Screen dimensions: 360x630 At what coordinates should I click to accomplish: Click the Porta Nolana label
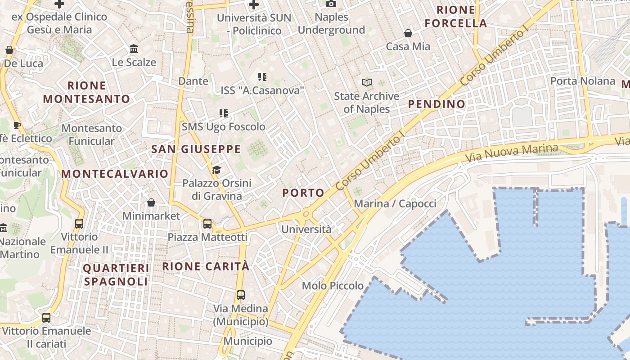coord(583,81)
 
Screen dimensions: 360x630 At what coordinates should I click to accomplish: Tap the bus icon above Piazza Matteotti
coord(207,223)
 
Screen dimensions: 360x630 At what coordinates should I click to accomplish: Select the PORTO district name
coord(303,193)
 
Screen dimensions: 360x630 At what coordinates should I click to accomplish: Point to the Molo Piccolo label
coord(333,286)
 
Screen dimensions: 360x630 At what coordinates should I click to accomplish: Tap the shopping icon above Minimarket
coord(151,203)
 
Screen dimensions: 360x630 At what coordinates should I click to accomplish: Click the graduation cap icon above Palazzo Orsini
coord(217,170)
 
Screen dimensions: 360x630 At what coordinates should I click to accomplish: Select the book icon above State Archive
coord(367,83)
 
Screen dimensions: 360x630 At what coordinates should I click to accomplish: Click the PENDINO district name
coord(436,104)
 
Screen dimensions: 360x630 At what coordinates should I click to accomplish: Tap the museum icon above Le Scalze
coord(134,49)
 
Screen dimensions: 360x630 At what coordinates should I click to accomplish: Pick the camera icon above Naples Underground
coord(331,4)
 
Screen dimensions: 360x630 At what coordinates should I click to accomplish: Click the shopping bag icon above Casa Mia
coord(408,33)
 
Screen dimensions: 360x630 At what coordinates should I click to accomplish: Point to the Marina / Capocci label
coord(395,204)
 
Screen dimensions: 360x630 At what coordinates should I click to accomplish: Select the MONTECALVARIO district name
coord(115,174)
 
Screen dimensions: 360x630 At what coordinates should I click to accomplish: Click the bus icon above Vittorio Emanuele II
coord(79,223)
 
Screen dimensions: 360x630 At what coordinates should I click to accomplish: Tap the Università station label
coord(306,229)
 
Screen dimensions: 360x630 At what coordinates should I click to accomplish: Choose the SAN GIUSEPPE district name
coord(196,149)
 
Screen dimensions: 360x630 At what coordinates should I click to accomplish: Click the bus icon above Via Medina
coord(241,295)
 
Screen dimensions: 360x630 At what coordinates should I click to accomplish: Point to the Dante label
coord(193,81)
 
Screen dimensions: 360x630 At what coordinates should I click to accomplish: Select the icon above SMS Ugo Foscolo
coord(224,113)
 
